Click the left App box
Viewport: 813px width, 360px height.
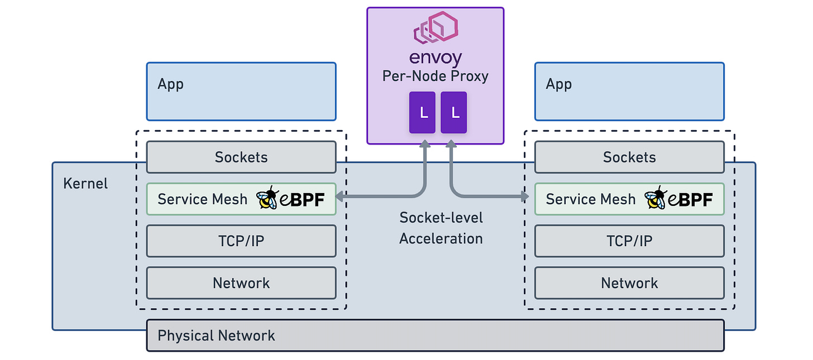click(x=241, y=91)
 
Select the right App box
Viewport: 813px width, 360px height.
click(x=629, y=91)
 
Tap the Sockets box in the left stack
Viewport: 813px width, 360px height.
click(x=241, y=157)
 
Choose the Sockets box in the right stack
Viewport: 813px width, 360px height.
click(x=629, y=157)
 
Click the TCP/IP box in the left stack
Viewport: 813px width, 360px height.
click(x=241, y=241)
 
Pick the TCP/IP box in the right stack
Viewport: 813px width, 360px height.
click(x=629, y=241)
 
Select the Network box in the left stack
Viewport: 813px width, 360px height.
click(x=241, y=283)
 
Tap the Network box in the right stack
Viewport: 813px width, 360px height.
click(x=629, y=283)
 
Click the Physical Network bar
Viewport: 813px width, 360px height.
click(x=435, y=335)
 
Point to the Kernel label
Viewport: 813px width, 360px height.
click(x=85, y=183)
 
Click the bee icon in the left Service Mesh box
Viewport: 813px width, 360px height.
click(x=267, y=198)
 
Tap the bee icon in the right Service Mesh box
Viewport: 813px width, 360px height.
click(x=656, y=198)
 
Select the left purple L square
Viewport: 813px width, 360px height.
click(x=422, y=113)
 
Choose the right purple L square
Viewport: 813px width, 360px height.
click(x=453, y=113)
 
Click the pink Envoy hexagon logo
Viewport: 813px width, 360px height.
click(x=436, y=28)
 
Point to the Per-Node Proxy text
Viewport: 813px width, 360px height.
click(x=435, y=76)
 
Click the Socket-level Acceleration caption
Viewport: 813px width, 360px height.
click(x=441, y=228)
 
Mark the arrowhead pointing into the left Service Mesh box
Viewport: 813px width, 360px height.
click(x=340, y=196)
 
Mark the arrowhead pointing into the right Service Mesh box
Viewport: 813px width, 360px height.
click(x=524, y=196)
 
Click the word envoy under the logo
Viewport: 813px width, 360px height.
click(x=435, y=57)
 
